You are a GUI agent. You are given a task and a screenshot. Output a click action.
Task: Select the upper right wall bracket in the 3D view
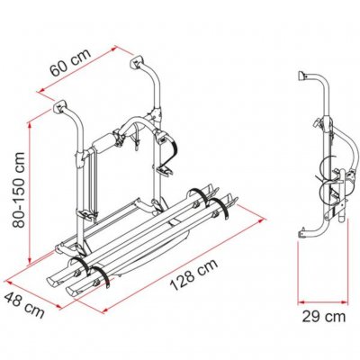pyautogui.click(x=141, y=64)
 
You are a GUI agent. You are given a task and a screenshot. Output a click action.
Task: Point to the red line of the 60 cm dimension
pyautogui.click(x=90, y=71)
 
